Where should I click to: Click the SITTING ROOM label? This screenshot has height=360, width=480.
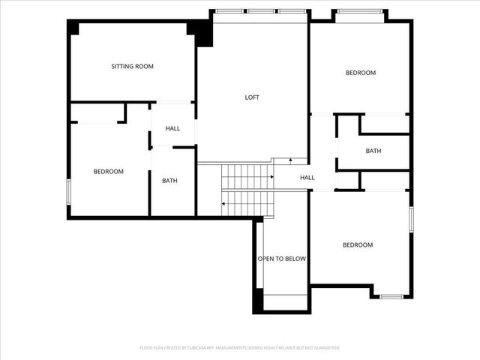pyautogui.click(x=132, y=67)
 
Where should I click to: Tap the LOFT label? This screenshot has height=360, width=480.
pyautogui.click(x=253, y=97)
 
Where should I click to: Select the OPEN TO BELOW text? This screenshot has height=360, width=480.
pyautogui.click(x=282, y=259)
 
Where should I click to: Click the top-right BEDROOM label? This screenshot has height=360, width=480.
pyautogui.click(x=360, y=73)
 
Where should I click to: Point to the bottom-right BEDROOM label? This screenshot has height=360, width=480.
pyautogui.click(x=358, y=245)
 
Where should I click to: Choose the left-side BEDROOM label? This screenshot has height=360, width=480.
pyautogui.click(x=108, y=172)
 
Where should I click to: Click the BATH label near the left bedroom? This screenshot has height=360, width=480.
pyautogui.click(x=170, y=181)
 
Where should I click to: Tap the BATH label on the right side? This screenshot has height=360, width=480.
pyautogui.click(x=373, y=151)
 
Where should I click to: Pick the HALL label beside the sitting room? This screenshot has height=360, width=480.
pyautogui.click(x=172, y=129)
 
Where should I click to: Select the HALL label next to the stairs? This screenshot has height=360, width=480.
pyautogui.click(x=307, y=178)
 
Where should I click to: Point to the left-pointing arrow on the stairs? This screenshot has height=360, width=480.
pyautogui.click(x=224, y=203)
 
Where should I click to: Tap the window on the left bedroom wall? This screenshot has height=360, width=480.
pyautogui.click(x=68, y=190)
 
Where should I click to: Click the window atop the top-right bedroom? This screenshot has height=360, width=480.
pyautogui.click(x=360, y=11)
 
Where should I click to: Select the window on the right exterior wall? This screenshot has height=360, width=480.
pyautogui.click(x=411, y=220)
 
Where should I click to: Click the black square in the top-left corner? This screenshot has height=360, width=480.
pyautogui.click(x=73, y=27)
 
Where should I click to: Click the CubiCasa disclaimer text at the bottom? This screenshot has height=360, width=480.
pyautogui.click(x=240, y=348)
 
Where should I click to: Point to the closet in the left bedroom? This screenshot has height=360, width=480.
pyautogui.click(x=97, y=113)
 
